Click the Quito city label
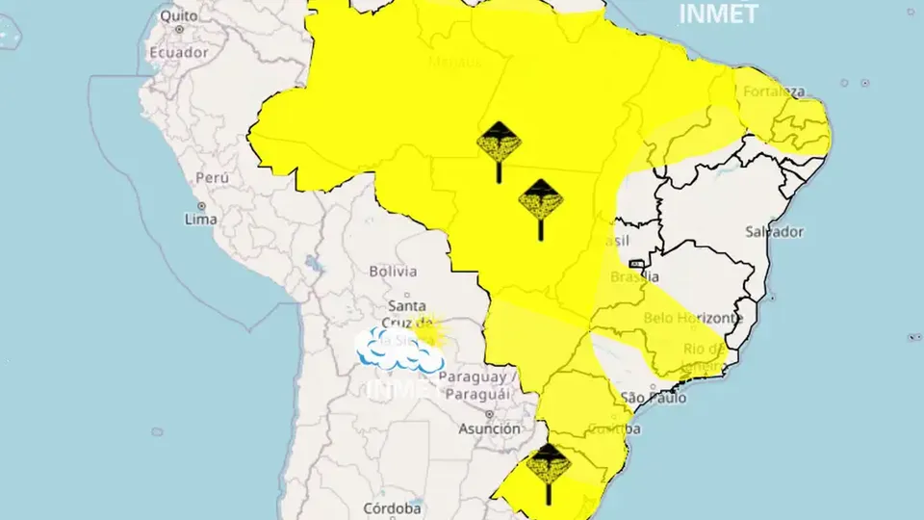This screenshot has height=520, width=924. click(179, 15)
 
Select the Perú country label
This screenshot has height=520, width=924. click(212, 178)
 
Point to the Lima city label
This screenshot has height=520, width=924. click(199, 220)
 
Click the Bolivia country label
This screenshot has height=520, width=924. click(393, 272)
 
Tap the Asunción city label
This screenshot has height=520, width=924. click(490, 429)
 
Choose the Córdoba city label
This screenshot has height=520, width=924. click(393, 507)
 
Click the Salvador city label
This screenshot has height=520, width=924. click(774, 232)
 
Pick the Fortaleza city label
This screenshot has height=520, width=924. click(774, 91)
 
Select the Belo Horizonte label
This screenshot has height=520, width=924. click(693, 318)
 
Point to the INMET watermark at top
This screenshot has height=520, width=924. click(719, 13)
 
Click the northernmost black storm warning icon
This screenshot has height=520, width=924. click(499, 146)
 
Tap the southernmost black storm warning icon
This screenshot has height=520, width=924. click(549, 468)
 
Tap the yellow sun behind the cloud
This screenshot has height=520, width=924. click(431, 329)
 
